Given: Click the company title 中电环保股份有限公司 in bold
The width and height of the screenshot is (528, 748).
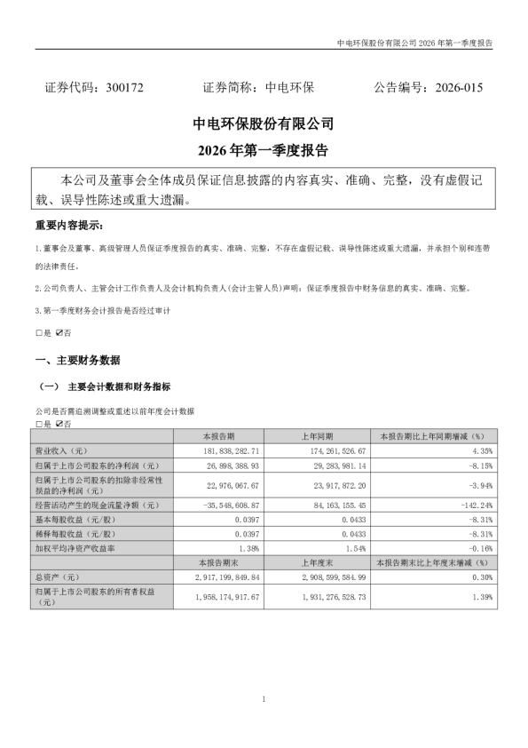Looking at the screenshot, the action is pyautogui.click(x=264, y=123).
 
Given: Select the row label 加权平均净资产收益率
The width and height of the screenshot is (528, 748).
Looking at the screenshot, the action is pyautogui.click(x=80, y=549).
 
